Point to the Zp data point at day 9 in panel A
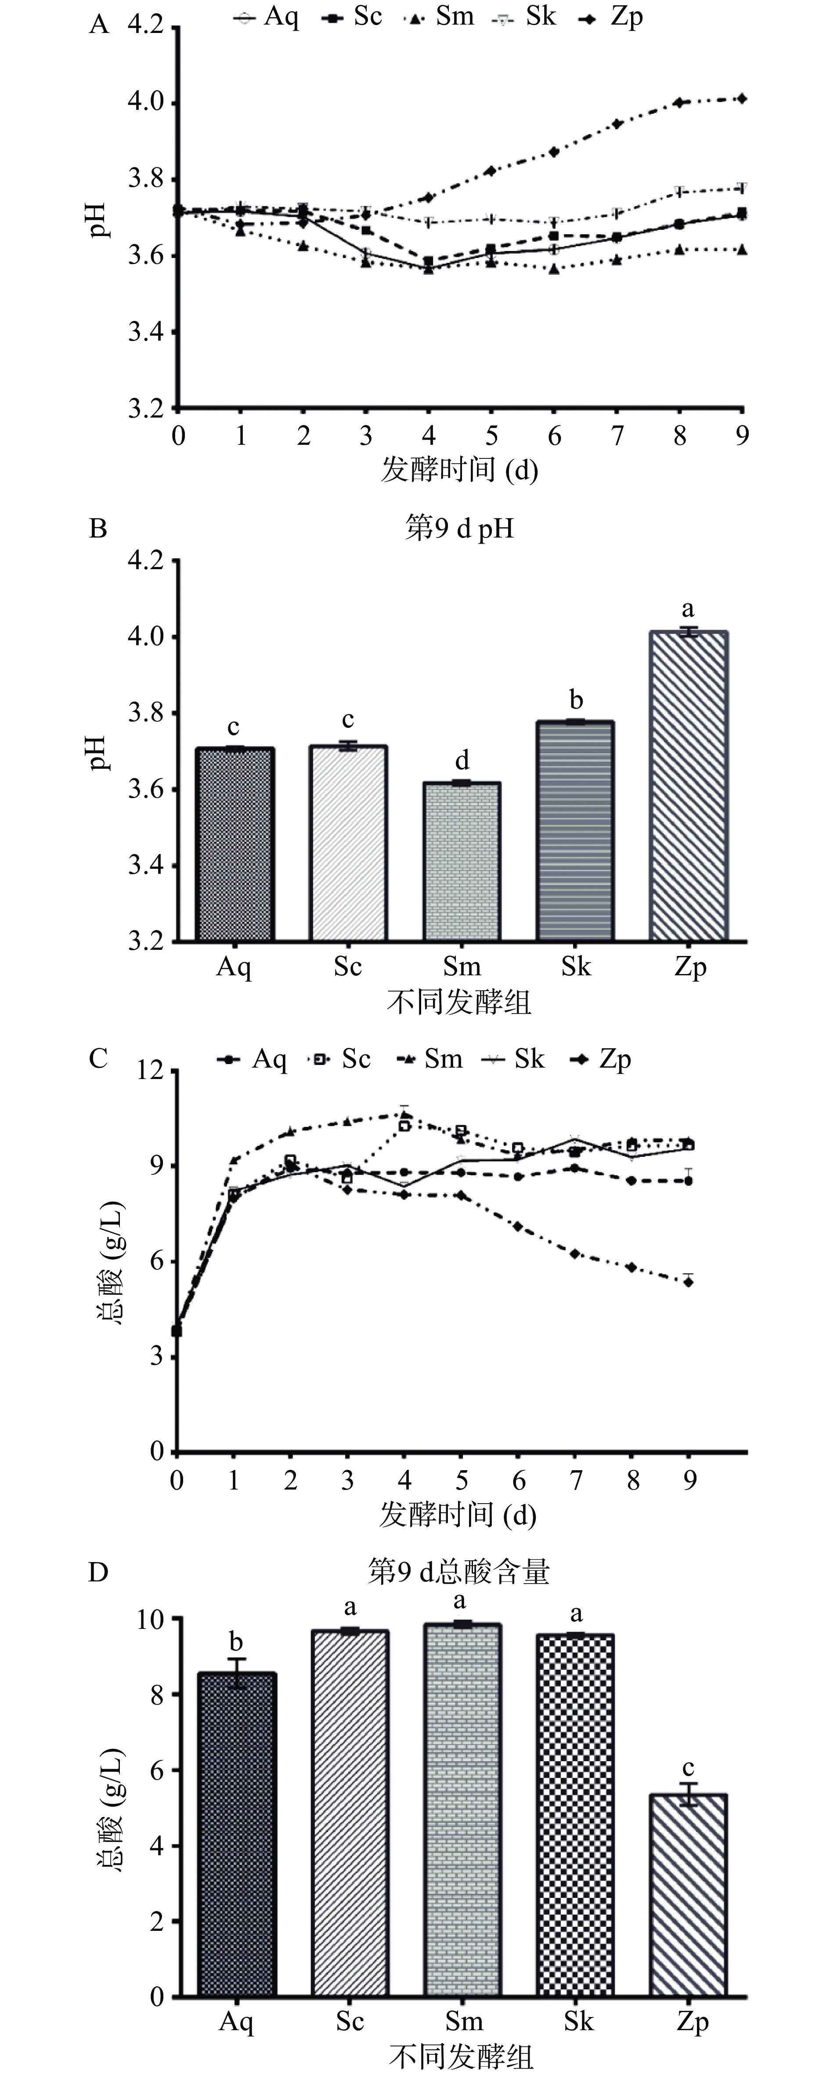[741, 99]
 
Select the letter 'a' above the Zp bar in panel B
[688, 609]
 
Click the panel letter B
[98, 529]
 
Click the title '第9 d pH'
[459, 529]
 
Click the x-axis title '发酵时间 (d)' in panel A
[459, 469]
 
